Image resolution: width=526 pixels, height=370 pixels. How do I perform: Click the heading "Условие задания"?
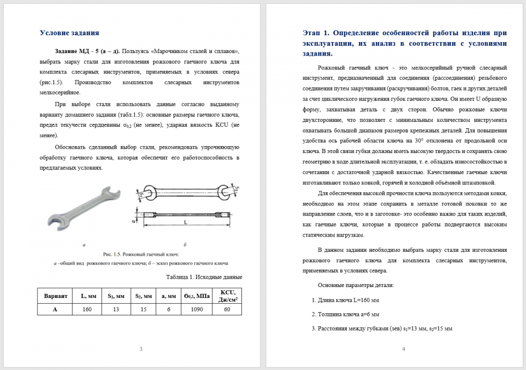pyautogui.click(x=69, y=33)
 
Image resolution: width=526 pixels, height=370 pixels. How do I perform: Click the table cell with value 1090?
pyautogui.click(x=196, y=310)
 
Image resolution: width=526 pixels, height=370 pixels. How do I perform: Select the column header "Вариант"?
pyautogui.click(x=55, y=296)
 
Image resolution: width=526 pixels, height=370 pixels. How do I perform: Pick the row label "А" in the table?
pyautogui.click(x=55, y=310)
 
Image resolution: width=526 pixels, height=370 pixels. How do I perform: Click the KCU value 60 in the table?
pyautogui.click(x=227, y=310)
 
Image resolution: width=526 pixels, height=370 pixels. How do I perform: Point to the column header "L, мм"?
pyautogui.click(x=88, y=296)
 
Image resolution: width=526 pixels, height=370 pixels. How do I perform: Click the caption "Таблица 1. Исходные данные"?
pyautogui.click(x=204, y=277)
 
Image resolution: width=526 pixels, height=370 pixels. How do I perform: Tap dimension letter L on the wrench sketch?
pyautogui.click(x=185, y=223)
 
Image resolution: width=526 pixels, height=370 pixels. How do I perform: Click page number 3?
pyautogui.click(x=140, y=349)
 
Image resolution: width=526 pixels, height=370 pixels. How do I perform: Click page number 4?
pyautogui.click(x=403, y=349)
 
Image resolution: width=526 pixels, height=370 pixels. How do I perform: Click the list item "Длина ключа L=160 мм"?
pyautogui.click(x=348, y=300)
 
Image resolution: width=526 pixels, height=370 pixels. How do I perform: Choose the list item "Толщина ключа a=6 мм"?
pyautogui.click(x=348, y=314)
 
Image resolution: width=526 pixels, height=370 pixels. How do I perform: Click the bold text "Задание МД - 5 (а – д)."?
pyautogui.click(x=87, y=52)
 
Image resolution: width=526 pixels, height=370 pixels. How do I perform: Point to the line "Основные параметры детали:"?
pyautogui.click(x=356, y=285)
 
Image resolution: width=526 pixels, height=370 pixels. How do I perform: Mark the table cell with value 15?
pyautogui.click(x=143, y=310)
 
